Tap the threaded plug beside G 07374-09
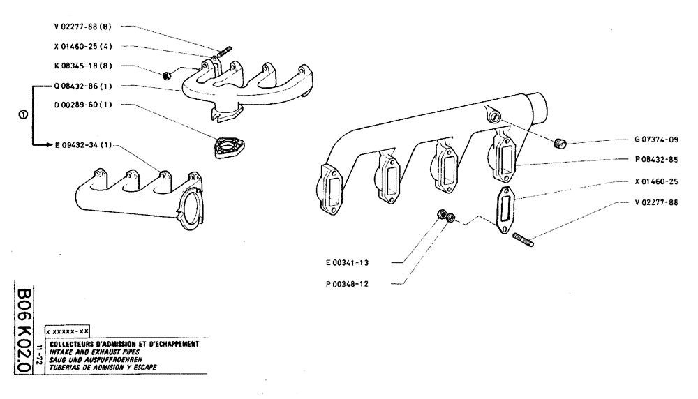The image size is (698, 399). point(559,144)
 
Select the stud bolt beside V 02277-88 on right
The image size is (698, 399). point(524,242)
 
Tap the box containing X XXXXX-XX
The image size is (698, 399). point(66,332)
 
